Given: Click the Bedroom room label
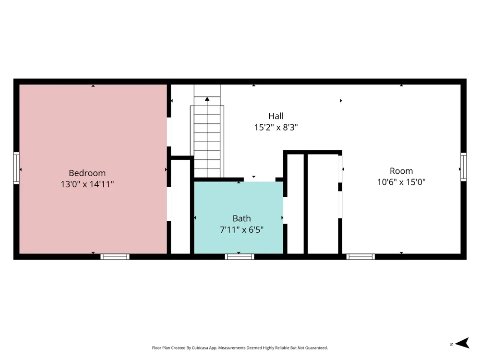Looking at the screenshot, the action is tap(87, 173).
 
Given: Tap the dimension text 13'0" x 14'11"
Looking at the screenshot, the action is tap(87, 184).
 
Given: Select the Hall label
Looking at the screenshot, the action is tap(276, 116).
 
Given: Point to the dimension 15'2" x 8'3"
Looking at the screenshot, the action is tap(276, 127).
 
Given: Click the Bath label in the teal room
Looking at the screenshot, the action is tap(241, 218).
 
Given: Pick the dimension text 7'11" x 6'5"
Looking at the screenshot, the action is tap(241, 229).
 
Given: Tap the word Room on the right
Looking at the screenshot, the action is tap(401, 171).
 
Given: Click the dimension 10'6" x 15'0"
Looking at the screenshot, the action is tap(401, 182).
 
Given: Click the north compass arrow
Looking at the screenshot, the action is tap(462, 343).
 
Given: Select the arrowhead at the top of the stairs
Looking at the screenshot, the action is tap(207, 99).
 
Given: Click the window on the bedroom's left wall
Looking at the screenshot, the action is tap(16, 168).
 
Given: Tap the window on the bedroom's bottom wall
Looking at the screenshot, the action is tap(115, 256).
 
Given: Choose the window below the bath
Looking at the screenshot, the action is tap(240, 256).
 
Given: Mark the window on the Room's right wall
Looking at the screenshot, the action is tap(464, 167).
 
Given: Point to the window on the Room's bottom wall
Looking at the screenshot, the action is tap(360, 256).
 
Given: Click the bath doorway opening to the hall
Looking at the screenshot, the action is tap(260, 180).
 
